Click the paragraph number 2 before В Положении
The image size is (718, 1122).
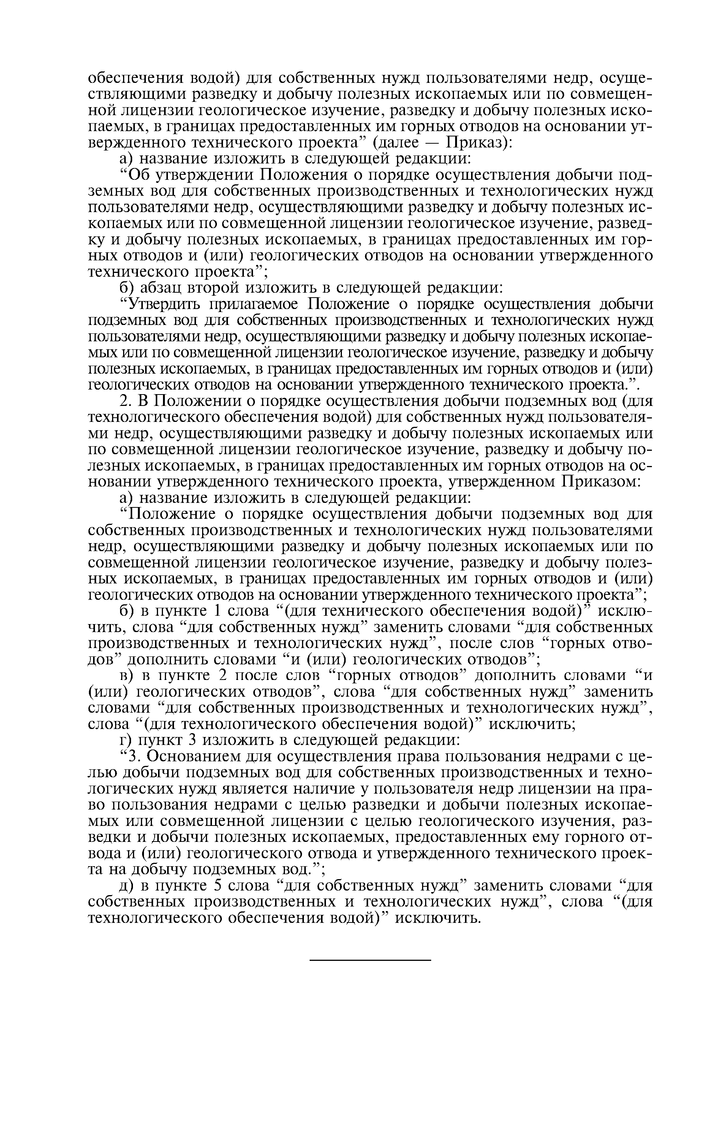(124, 401)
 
